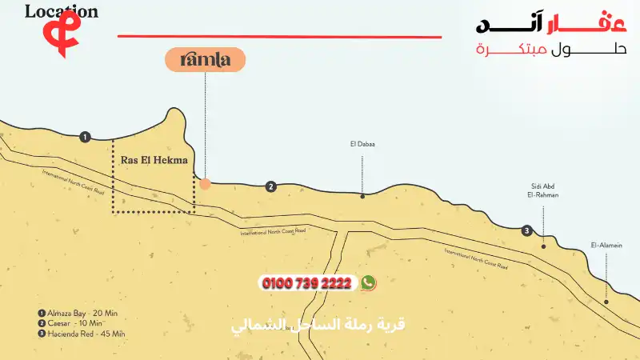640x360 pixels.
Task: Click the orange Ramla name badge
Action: coord(205,60)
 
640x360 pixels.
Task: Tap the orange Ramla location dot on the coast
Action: coord(205,184)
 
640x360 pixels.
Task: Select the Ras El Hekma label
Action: coord(154,160)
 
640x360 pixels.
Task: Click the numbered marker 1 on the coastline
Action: coord(86,137)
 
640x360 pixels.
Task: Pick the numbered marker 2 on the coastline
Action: coord(271,186)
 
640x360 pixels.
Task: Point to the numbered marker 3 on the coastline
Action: coord(526,230)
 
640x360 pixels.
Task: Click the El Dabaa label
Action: coord(362,145)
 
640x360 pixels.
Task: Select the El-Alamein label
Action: coord(606,245)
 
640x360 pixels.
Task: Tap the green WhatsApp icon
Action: coord(368,282)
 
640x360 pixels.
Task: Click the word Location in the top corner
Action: coord(62,11)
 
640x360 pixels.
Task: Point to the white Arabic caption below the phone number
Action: coord(318,326)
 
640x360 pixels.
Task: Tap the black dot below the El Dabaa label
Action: coord(362,196)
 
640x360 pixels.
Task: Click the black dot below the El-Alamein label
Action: coord(606,302)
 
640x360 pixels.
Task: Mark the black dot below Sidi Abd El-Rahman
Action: coord(544,246)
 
